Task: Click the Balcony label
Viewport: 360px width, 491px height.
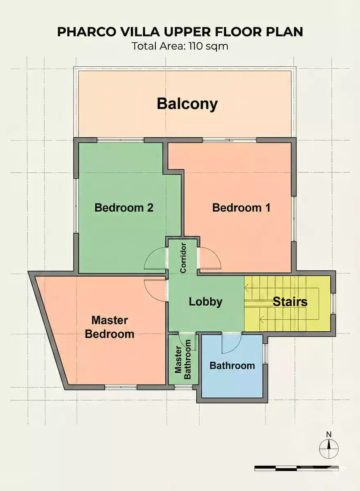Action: point(187,104)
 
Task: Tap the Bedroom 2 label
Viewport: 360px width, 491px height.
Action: point(124,207)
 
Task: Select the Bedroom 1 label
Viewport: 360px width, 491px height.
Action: point(241,207)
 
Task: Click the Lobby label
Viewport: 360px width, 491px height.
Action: point(205,302)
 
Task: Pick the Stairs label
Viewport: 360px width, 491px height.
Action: point(290,302)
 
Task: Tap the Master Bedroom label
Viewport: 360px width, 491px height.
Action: point(109,327)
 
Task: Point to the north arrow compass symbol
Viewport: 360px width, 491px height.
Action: point(328,449)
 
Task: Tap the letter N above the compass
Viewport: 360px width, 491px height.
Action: point(328,435)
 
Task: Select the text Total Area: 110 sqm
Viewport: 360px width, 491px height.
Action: point(180,46)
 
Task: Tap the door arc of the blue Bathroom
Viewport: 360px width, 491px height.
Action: point(232,344)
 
